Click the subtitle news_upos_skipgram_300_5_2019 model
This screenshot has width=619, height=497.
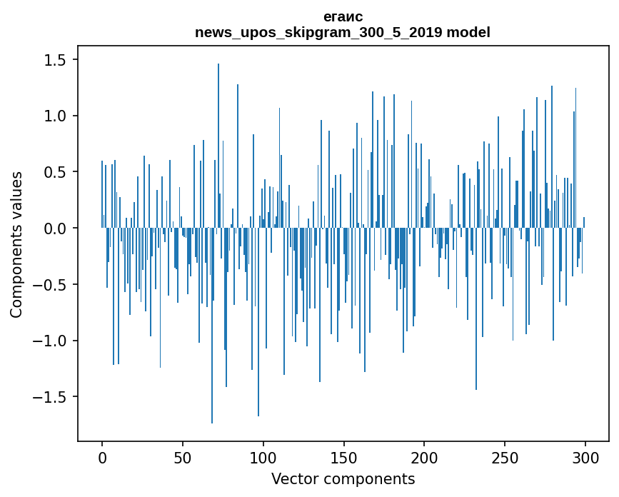pyautogui.click(x=343, y=32)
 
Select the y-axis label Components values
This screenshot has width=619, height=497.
pyautogui.click(x=16, y=244)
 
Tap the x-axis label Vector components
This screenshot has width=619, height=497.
pyautogui.click(x=343, y=478)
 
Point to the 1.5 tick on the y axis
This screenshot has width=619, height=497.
pyautogui.click(x=56, y=61)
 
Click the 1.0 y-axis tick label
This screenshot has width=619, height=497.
pyautogui.click(x=56, y=116)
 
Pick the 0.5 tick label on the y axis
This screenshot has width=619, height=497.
pyautogui.click(x=56, y=172)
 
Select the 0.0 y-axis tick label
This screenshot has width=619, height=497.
pyautogui.click(x=56, y=229)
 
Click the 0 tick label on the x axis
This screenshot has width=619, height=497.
pyautogui.click(x=102, y=456)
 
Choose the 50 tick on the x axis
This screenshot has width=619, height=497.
pyautogui.click(x=183, y=456)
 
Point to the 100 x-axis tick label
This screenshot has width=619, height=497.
pyautogui.click(x=263, y=456)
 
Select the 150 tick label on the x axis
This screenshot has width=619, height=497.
pyautogui.click(x=343, y=456)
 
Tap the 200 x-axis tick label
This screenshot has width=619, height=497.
pyautogui.click(x=424, y=456)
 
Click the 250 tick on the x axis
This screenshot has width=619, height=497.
pyautogui.click(x=505, y=456)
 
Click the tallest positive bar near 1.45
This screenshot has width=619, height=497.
pyautogui.click(x=218, y=143)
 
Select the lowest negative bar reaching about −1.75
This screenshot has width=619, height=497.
pyautogui.click(x=212, y=328)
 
